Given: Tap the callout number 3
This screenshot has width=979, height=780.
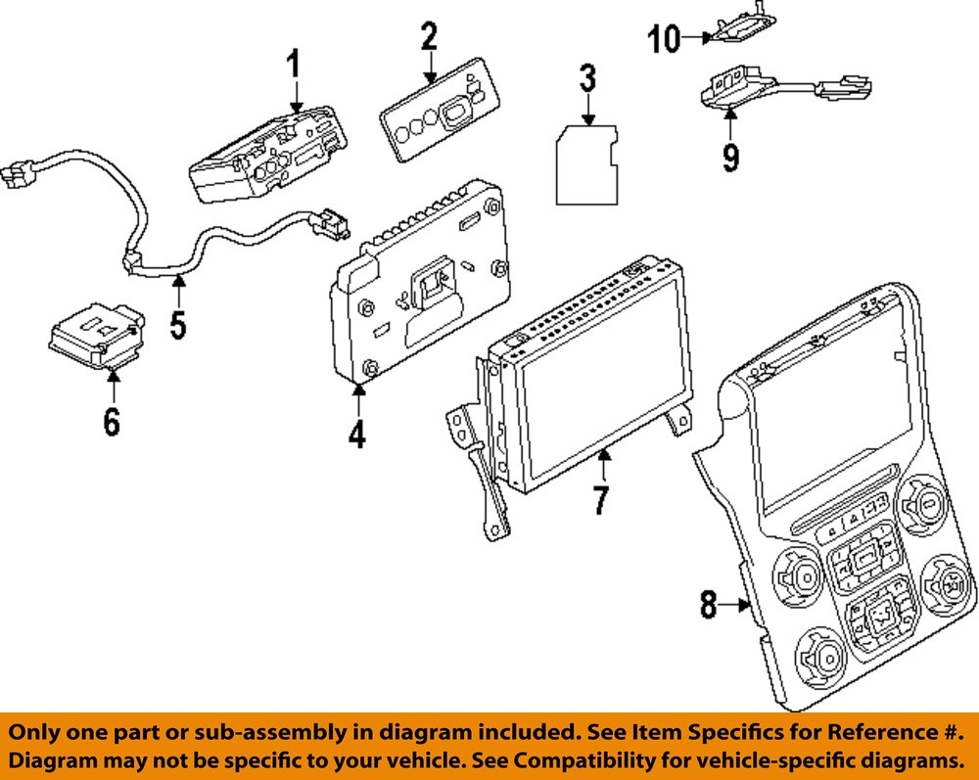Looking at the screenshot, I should pos(586,78).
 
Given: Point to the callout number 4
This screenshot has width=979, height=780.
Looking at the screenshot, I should pos(357,431).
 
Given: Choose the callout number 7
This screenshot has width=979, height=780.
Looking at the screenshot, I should pos(601,499).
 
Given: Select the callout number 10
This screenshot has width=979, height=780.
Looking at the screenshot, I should pos(664,39).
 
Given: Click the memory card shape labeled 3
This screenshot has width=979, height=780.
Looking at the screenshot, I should pos(587,163).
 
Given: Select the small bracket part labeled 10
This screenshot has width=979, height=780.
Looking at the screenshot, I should pos(740,28).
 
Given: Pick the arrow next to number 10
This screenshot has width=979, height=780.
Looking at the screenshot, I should pos(696,38).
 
